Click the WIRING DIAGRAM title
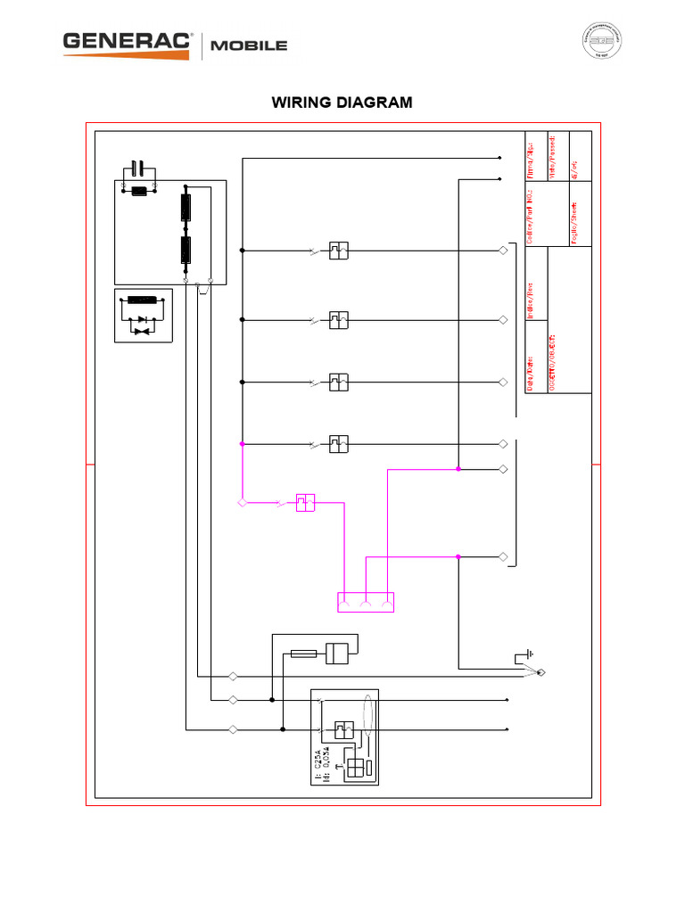pyautogui.click(x=342, y=103)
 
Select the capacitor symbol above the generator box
pyautogui.click(x=137, y=167)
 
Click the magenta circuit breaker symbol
pyautogui.click(x=306, y=504)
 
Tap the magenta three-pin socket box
pyautogui.click(x=365, y=603)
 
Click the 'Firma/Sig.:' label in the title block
pyautogui.click(x=531, y=157)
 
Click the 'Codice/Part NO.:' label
pyautogui.click(x=531, y=215)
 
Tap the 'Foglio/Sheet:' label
pyautogui.click(x=575, y=222)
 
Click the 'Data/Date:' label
pyautogui.click(x=531, y=370)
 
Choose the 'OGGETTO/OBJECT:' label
pyautogui.click(x=553, y=357)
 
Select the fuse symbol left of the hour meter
pyautogui.click(x=303, y=654)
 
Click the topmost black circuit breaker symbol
pyautogui.click(x=338, y=251)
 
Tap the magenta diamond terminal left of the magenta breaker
pyautogui.click(x=242, y=504)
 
